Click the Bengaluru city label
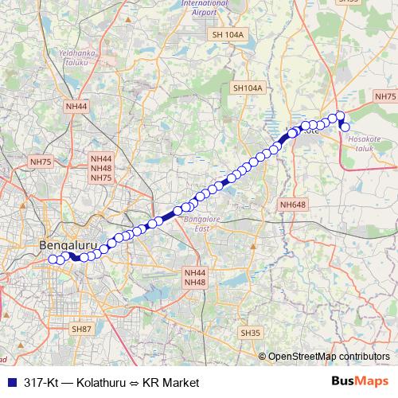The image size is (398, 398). tap(63, 245)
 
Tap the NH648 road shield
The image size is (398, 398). tap(293, 205)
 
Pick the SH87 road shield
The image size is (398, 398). tap(82, 329)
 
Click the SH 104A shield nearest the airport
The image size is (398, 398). tap(228, 35)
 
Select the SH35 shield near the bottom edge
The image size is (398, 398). tap(250, 333)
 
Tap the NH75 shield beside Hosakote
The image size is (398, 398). tap(384, 96)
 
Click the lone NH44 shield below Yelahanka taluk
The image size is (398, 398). tap(77, 106)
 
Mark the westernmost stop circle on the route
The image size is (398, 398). tap(53, 259)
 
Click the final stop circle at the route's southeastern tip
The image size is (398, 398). tap(345, 127)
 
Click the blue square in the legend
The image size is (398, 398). tap(12, 382)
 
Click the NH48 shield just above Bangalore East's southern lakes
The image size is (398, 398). tap(195, 283)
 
